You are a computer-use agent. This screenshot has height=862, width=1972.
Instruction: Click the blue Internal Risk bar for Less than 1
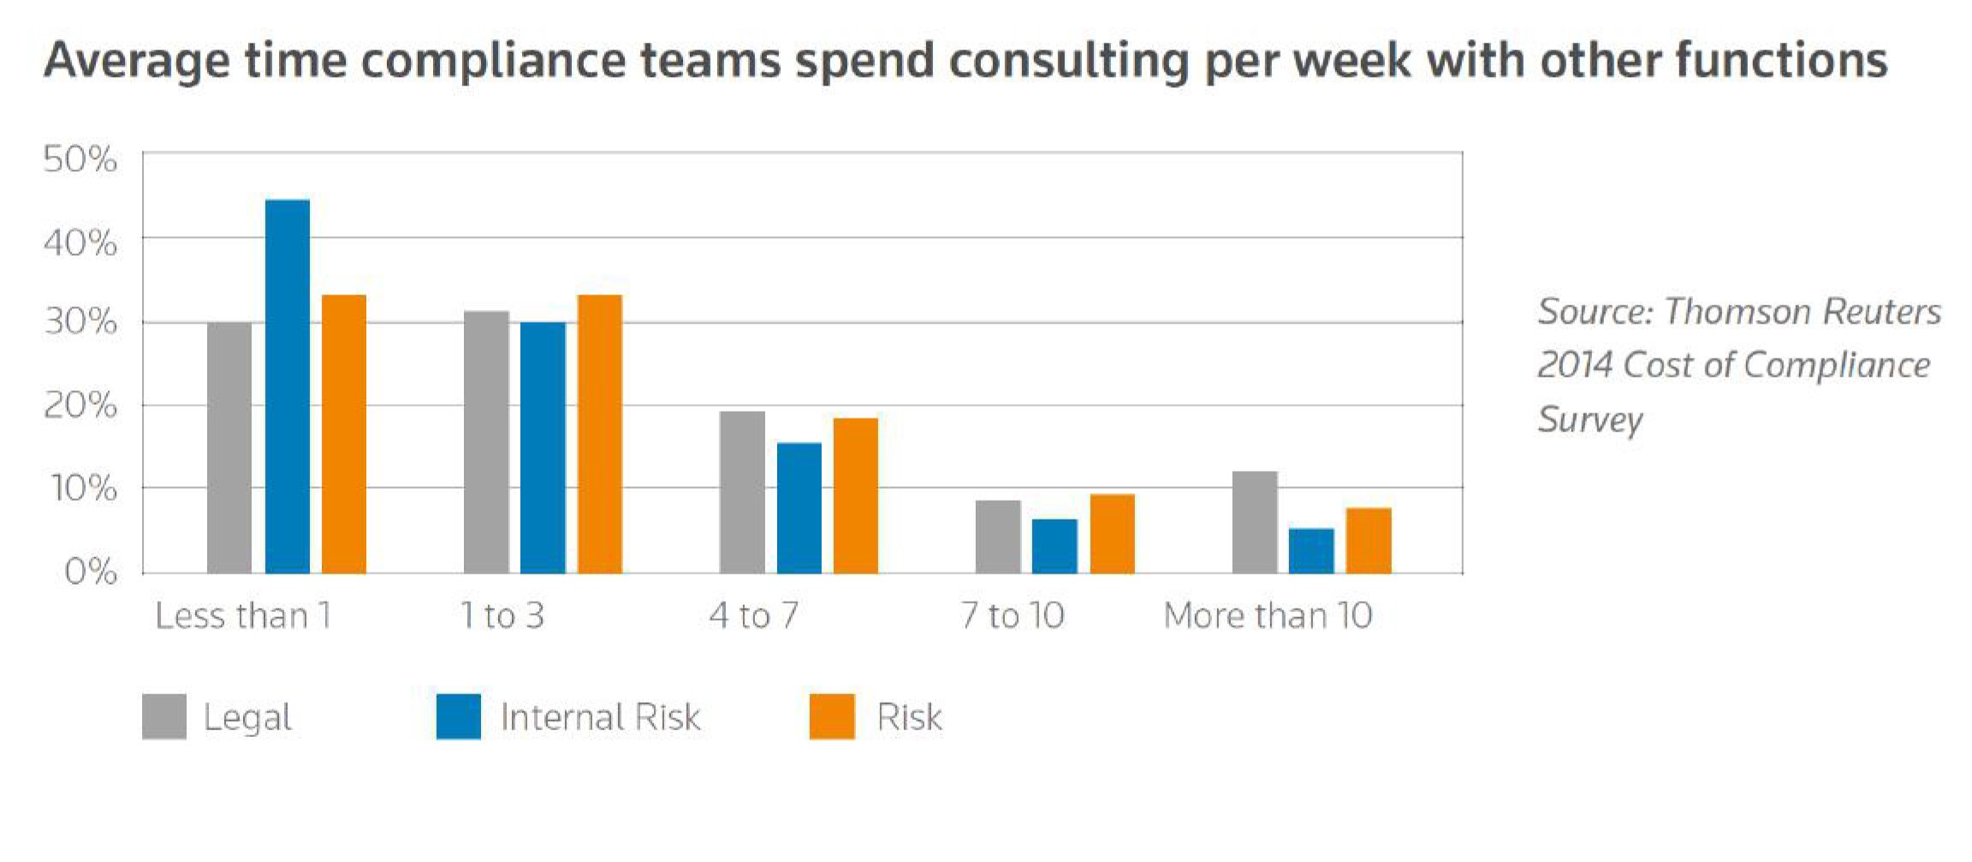288,386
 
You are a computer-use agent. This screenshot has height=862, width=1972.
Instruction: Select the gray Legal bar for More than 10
1255,522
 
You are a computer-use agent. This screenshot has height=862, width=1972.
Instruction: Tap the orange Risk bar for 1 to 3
600,434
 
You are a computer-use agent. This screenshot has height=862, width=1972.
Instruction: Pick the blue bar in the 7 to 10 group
1054,546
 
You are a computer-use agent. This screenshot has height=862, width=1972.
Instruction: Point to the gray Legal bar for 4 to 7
742,492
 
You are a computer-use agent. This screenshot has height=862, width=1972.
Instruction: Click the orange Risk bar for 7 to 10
1112,533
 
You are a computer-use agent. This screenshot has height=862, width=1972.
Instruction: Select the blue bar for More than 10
1311,550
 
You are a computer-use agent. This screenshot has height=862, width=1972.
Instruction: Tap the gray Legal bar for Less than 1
229,448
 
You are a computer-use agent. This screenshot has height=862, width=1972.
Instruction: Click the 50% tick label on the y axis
80,160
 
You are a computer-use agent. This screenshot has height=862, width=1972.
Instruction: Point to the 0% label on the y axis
91,572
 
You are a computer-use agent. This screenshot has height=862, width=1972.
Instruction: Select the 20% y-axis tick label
80,406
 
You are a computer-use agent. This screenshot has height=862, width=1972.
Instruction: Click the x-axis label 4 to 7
753,615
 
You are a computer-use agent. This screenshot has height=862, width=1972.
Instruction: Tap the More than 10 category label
1268,615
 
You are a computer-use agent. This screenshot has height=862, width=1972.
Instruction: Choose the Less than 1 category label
243,615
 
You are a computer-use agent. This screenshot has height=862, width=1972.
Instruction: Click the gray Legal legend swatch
164,716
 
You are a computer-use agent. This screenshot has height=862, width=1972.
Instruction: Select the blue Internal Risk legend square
459,716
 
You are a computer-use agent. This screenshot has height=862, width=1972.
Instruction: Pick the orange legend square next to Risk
832,716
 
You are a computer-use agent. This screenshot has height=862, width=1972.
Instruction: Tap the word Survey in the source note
1590,419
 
